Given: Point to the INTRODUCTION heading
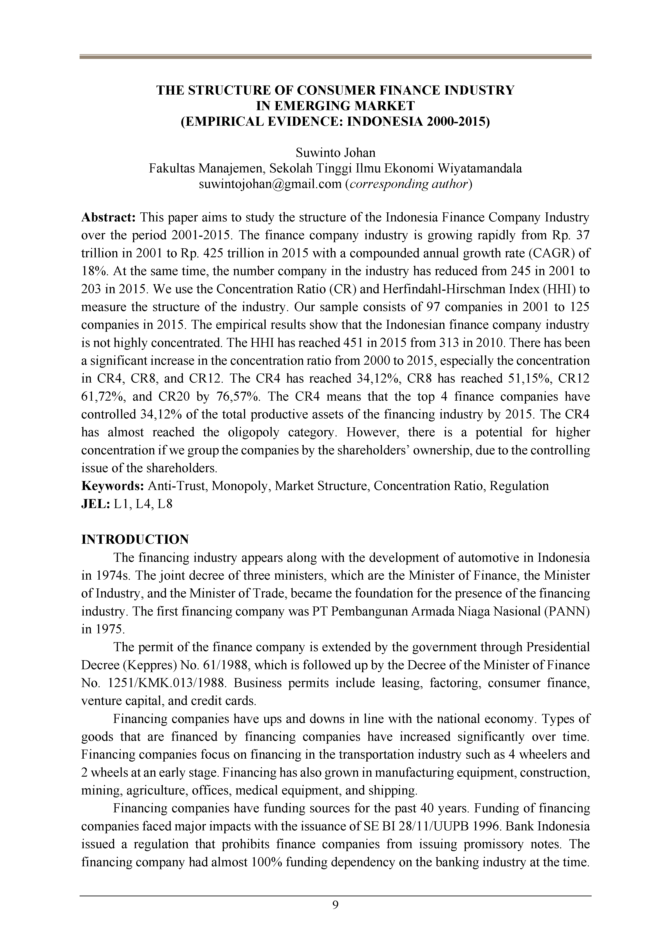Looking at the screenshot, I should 135,539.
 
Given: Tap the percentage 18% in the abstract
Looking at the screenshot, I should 94,272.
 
